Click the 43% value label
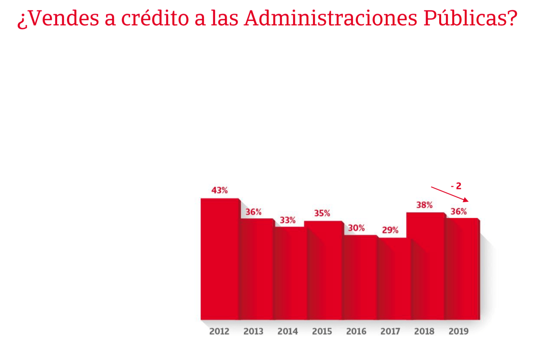click(x=219, y=190)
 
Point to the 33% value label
click(x=288, y=220)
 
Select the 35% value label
click(x=322, y=213)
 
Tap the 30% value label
click(x=356, y=228)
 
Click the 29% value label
click(x=390, y=230)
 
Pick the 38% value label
click(x=424, y=205)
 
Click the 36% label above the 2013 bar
click(x=253, y=212)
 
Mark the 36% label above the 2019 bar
click(x=459, y=211)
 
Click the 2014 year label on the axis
click(x=288, y=331)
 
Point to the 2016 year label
click(x=356, y=331)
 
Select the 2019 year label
click(x=459, y=331)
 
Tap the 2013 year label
click(x=253, y=331)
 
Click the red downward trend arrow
click(x=450, y=194)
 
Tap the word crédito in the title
click(x=155, y=18)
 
